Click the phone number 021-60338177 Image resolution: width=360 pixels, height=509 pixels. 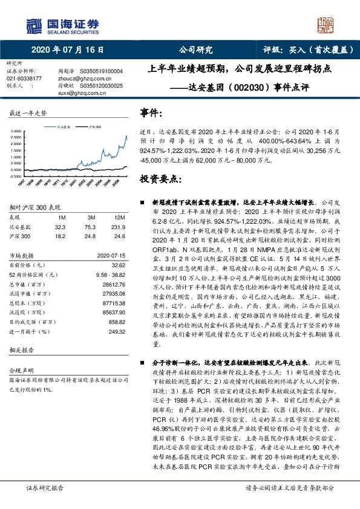point(24,79)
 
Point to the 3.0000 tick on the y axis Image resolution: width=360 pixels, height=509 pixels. point(15,131)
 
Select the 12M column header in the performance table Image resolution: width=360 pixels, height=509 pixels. point(120,217)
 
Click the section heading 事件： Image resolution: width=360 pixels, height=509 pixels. point(151,114)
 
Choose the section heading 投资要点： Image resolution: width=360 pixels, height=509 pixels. point(161,180)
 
